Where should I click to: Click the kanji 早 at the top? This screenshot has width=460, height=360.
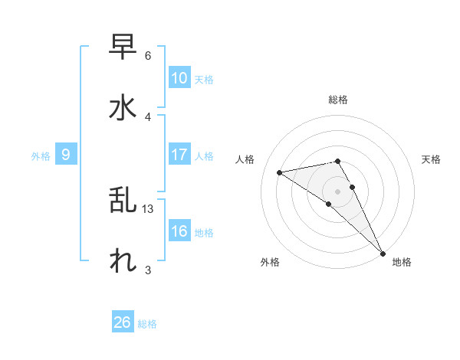tap(123, 47)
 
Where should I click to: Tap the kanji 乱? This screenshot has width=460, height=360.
tap(123, 201)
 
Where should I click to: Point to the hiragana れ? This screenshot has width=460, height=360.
tap(123, 260)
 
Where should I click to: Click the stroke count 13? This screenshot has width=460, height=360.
tap(148, 209)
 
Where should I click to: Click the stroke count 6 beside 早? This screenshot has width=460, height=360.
tap(148, 56)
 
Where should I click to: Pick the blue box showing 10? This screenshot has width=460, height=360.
tap(179, 78)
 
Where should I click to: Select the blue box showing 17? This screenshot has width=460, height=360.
tap(179, 155)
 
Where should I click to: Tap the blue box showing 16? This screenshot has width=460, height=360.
tap(179, 232)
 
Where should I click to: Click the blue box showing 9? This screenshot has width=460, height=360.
tap(66, 155)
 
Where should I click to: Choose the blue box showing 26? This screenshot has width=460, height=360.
tap(123, 322)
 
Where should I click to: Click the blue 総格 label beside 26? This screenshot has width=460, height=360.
tap(147, 324)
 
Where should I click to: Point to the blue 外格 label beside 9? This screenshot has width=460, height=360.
tap(41, 156)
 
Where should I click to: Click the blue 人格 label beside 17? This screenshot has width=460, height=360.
tap(204, 156)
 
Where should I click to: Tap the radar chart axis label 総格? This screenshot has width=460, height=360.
tap(338, 100)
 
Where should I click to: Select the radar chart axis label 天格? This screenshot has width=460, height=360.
tap(431, 159)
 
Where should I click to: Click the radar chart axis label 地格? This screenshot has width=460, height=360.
tap(402, 263)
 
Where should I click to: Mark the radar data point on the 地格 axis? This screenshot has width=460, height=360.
tap(383, 252)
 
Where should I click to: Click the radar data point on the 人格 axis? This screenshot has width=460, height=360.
tap(280, 172)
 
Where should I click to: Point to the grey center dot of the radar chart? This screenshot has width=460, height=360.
tap(338, 191)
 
